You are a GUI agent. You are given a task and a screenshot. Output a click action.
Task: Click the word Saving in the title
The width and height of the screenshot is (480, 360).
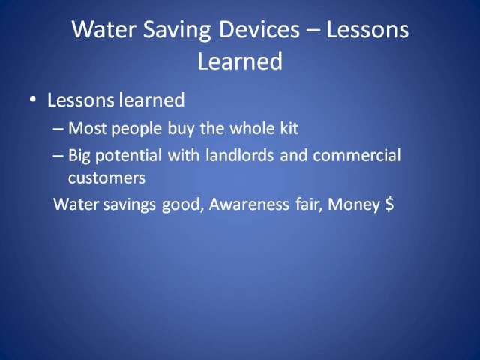177,31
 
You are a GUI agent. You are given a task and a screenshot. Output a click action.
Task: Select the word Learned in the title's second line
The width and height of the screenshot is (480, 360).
240,61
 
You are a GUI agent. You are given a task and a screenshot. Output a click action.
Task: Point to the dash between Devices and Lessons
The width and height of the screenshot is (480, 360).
313,31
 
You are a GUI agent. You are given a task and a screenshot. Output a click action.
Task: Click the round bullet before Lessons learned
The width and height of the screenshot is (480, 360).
32,100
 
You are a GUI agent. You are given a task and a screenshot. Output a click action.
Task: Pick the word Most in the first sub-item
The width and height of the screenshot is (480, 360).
87,128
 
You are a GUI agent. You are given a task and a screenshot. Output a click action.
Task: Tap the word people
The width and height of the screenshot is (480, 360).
136,129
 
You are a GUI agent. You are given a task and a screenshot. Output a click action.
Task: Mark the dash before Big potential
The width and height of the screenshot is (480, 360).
58,156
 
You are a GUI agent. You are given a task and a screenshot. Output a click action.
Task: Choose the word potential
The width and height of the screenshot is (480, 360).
128,156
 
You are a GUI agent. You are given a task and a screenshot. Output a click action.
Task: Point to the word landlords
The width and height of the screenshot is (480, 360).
240,155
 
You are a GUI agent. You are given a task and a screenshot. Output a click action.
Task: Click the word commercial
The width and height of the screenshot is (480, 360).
357,155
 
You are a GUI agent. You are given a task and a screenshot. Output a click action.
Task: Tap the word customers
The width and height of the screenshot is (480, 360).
106,178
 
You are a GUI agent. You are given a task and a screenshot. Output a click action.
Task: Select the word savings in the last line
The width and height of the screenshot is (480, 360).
130,205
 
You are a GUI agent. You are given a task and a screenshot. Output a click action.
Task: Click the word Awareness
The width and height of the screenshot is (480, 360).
249,205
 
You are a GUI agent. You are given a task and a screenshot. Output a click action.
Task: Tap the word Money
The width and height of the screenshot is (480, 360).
354,205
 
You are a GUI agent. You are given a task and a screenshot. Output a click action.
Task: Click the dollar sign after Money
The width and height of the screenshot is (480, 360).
388,205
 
